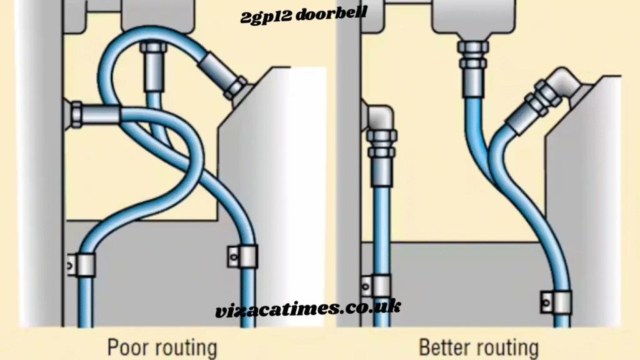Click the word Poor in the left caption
pos(128,347)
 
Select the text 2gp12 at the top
pos(259,17)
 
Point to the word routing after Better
pos(506,347)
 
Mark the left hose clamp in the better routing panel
pos(377,285)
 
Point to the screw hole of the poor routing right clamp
pos(234,255)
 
